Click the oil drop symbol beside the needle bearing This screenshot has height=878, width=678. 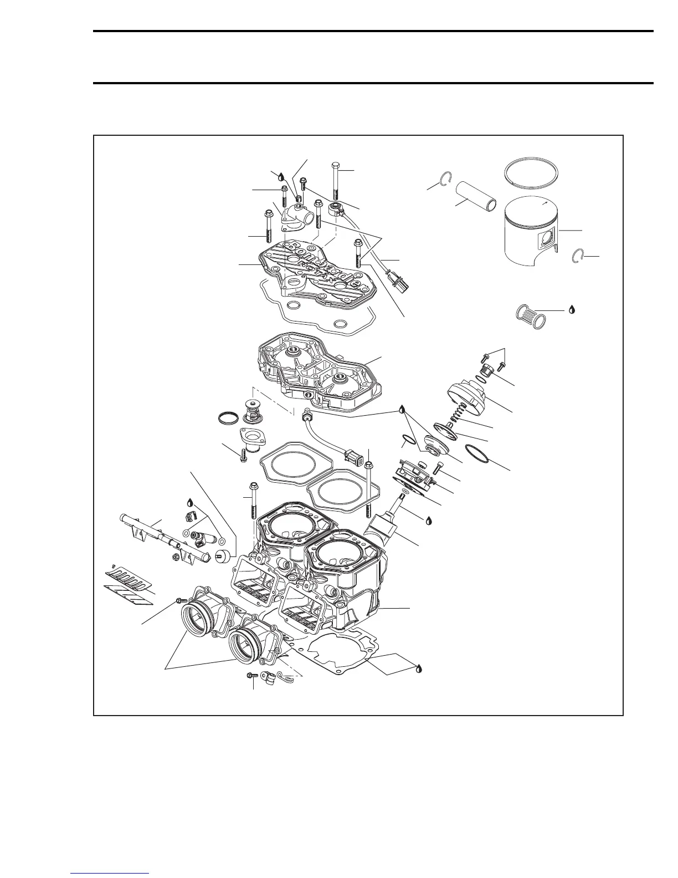[571, 309]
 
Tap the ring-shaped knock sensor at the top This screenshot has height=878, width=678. [336, 209]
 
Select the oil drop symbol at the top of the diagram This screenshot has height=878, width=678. [281, 176]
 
